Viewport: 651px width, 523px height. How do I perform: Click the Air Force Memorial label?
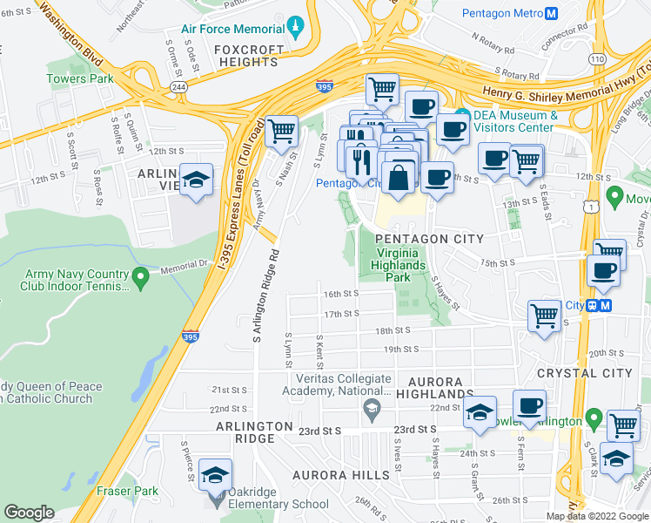click(x=233, y=29)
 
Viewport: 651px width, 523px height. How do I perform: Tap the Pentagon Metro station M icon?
click(x=549, y=14)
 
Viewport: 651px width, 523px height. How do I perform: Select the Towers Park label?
click(x=80, y=78)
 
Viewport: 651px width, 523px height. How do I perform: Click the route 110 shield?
click(x=596, y=58)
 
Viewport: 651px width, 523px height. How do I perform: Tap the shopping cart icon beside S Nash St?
click(x=281, y=132)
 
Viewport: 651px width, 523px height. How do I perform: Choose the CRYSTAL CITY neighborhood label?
click(x=584, y=373)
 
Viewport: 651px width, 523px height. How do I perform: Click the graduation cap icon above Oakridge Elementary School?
click(x=215, y=475)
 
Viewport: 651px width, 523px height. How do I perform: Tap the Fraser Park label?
click(x=127, y=492)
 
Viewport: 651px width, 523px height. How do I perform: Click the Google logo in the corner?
click(x=29, y=513)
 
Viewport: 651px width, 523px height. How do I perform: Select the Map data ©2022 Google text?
click(x=597, y=516)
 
